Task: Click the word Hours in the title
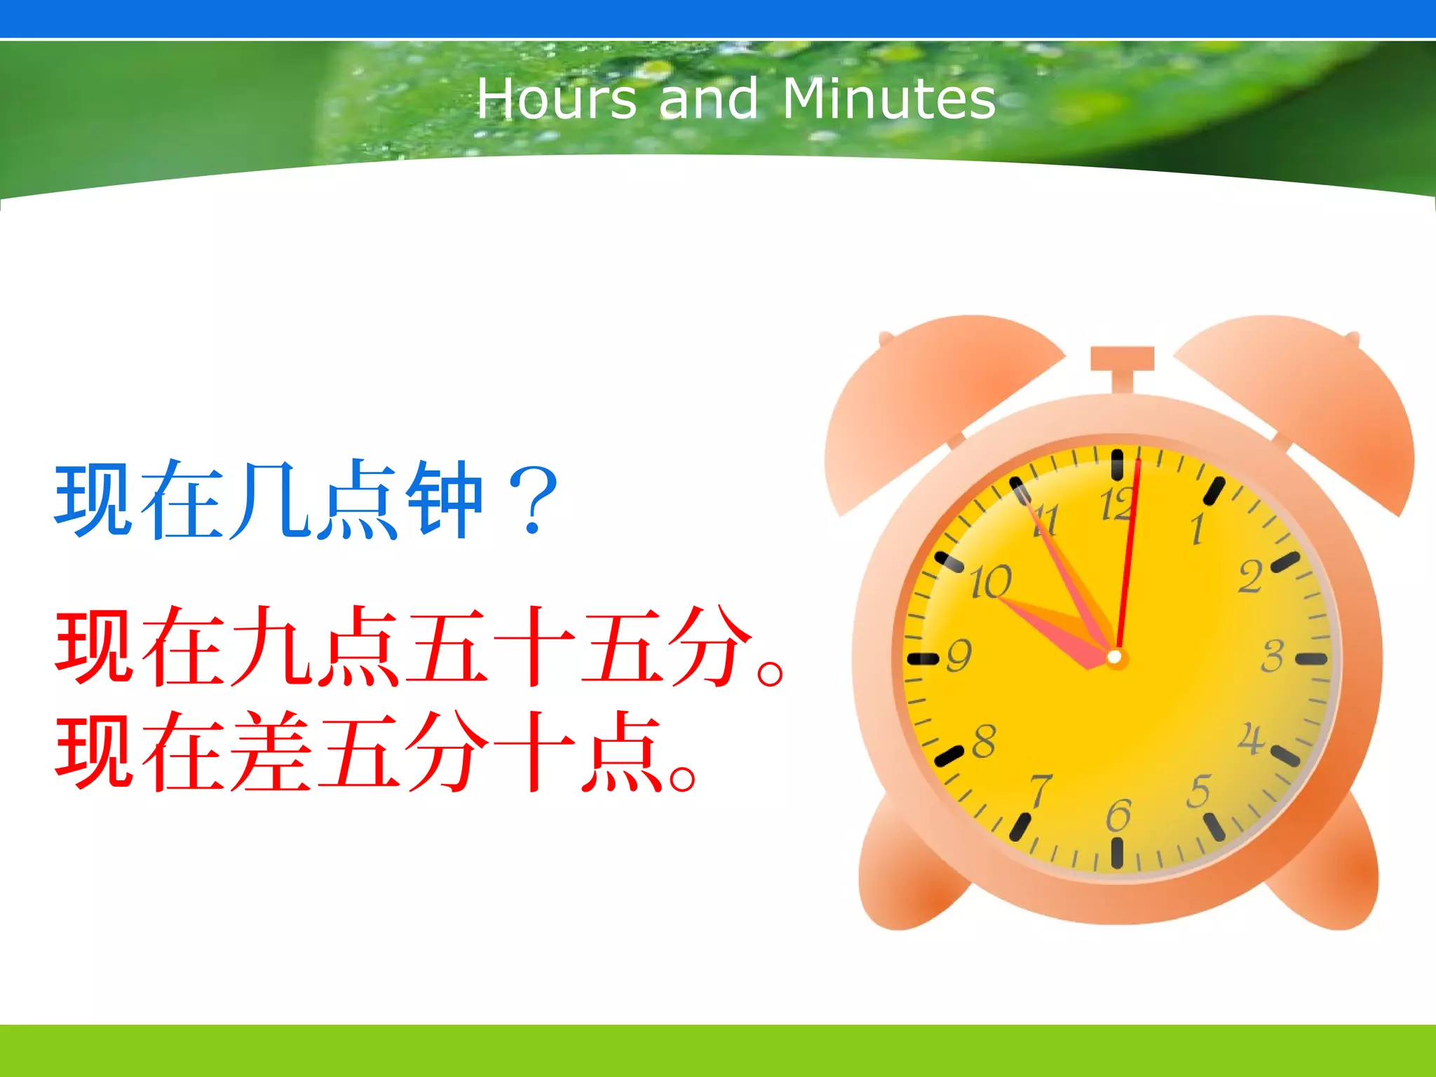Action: (557, 99)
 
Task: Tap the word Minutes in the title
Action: (888, 99)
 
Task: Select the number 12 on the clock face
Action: (1116, 504)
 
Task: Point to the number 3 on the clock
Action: (1271, 656)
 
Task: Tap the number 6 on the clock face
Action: (1118, 815)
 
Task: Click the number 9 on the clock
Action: (959, 656)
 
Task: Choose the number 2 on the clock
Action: (1249, 577)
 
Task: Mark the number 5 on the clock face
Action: (1198, 791)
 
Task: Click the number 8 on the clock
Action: (984, 741)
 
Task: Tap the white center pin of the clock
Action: (1114, 657)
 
